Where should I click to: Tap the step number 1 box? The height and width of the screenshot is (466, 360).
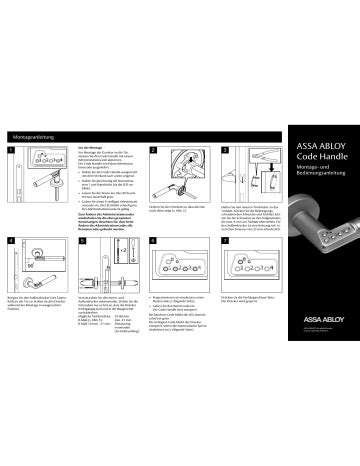pos(11,150)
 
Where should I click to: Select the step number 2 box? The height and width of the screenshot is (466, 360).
pos(154,150)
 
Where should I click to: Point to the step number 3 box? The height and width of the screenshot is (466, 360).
pos(227,150)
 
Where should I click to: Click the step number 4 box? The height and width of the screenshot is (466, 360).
pos(11,242)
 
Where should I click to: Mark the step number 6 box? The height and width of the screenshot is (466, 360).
pos(154,242)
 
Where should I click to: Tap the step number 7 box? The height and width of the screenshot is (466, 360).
pos(227,242)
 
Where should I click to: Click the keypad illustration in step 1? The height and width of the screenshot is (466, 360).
pos(45,159)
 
